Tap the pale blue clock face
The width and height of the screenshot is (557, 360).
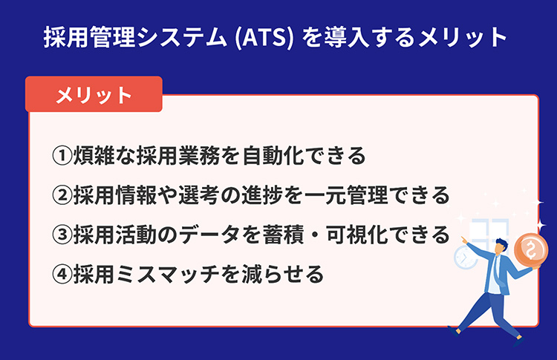pyautogui.click(x=465, y=258)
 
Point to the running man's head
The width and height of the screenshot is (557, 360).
pyautogui.click(x=501, y=245)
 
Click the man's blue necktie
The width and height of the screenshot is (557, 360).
pyautogui.click(x=499, y=271)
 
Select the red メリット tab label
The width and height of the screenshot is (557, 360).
pyautogui.click(x=94, y=95)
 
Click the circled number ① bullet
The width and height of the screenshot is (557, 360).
pyautogui.click(x=62, y=155)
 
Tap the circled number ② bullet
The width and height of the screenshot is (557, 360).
pyautogui.click(x=62, y=195)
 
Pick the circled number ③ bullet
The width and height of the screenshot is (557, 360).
pyautogui.click(x=62, y=235)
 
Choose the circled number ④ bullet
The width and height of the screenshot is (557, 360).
pyautogui.click(x=62, y=274)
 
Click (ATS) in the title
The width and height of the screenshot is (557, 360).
pyautogui.click(x=264, y=38)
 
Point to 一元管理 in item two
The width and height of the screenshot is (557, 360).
pyautogui.click(x=345, y=195)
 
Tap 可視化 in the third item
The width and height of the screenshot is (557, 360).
pyautogui.click(x=356, y=235)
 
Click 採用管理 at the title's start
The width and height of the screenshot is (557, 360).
pyautogui.click(x=89, y=37)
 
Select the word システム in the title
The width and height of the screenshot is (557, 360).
pyautogui.click(x=181, y=37)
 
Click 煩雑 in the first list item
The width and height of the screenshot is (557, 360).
pyautogui.click(x=94, y=155)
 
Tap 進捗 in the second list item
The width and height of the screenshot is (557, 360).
pyautogui.click(x=262, y=195)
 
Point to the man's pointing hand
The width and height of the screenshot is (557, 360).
pyautogui.click(x=465, y=240)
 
